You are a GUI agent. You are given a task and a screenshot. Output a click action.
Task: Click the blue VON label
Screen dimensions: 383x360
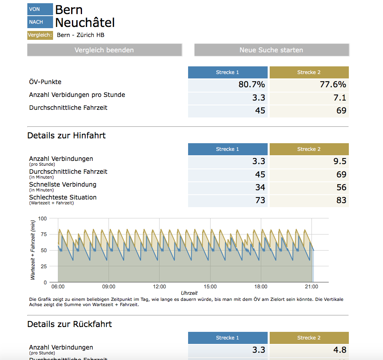(x=40, y=9)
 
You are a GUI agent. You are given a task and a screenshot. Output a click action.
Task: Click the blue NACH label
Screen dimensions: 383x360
(x=40, y=22)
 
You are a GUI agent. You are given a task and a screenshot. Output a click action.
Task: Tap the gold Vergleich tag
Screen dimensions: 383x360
(x=40, y=35)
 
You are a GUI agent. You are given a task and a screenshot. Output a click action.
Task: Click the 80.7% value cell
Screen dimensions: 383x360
(x=227, y=85)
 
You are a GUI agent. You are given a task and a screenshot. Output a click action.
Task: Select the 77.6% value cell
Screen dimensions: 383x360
(x=309, y=85)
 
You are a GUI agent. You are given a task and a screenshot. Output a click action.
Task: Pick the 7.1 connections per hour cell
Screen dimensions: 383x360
(x=309, y=98)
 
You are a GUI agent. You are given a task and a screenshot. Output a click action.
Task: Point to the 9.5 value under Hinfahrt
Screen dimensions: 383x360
(x=309, y=162)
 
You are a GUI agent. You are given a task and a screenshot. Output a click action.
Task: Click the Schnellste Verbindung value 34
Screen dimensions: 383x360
(x=227, y=187)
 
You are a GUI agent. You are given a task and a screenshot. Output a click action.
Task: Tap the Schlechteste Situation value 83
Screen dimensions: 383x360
(x=309, y=201)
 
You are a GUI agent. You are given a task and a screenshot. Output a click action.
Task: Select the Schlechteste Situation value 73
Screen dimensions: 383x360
(x=227, y=201)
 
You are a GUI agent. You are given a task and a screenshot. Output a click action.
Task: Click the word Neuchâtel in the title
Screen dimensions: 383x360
(x=85, y=23)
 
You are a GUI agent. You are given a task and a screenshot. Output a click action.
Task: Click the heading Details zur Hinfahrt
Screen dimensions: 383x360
(x=66, y=136)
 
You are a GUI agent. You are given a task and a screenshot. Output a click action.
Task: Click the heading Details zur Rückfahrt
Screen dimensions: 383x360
(x=70, y=324)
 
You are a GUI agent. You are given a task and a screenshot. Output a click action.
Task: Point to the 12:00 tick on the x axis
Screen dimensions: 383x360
(x=160, y=287)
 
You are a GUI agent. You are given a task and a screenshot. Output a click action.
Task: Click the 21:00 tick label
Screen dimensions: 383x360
(x=311, y=287)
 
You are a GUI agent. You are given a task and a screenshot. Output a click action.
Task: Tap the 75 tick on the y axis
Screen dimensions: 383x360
(x=44, y=235)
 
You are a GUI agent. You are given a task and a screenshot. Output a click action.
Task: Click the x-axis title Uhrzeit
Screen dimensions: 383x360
(x=189, y=293)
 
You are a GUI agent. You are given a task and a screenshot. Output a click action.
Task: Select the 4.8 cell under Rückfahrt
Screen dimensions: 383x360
(x=309, y=350)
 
